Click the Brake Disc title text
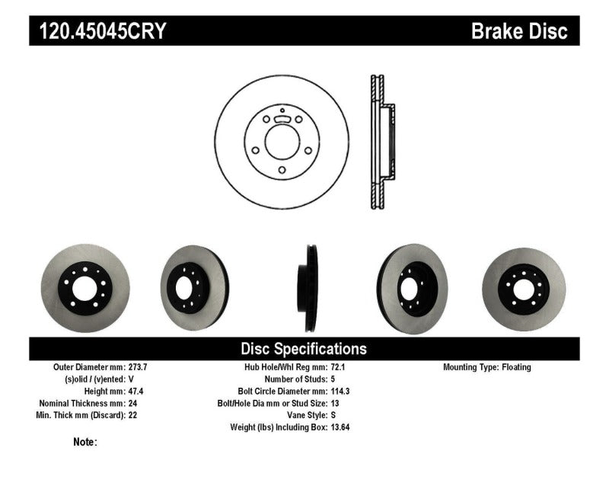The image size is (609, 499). [x=519, y=31]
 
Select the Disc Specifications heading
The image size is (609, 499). [x=304, y=349]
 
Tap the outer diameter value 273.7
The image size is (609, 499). [x=138, y=367]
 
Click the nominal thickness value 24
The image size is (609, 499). [x=132, y=403]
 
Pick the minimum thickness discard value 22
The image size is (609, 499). [x=132, y=415]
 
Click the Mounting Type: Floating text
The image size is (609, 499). [x=487, y=367]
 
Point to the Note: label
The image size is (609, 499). [x=85, y=442]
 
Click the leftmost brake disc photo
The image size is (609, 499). [x=85, y=287]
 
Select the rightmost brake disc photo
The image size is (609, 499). [x=524, y=287]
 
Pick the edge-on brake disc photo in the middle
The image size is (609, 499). [x=310, y=287]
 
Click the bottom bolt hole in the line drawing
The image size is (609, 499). [x=281, y=170]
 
